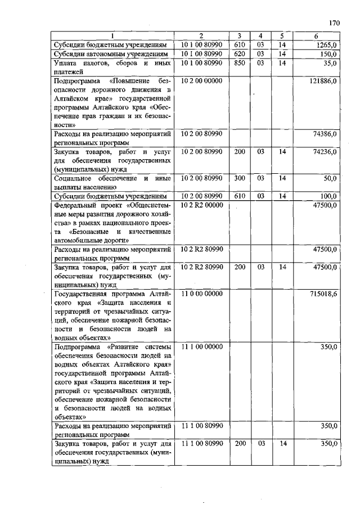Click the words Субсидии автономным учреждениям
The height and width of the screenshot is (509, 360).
(110, 54)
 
